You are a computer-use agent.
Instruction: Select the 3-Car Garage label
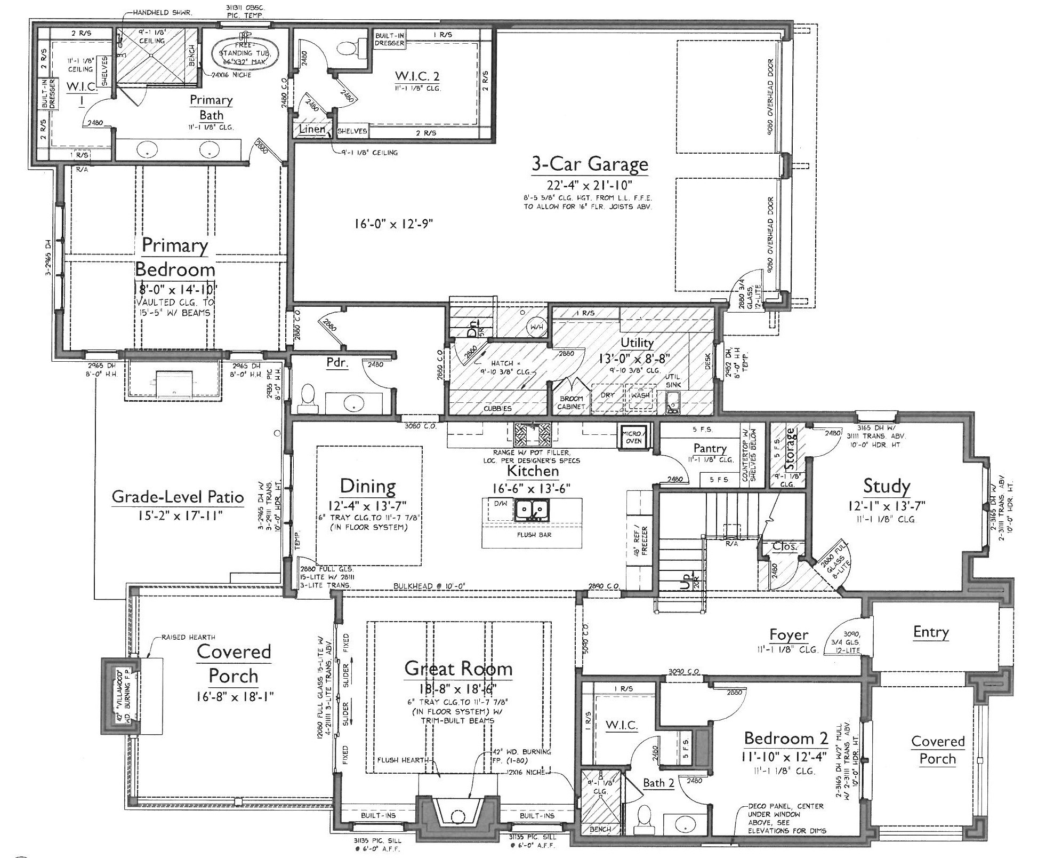click(x=590, y=164)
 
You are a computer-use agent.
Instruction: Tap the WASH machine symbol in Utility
click(x=640, y=396)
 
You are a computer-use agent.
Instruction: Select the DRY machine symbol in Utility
click(x=607, y=396)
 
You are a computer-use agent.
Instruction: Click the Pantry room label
click(x=710, y=448)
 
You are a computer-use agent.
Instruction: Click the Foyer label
click(x=788, y=635)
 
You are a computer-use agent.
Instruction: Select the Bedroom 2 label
click(x=786, y=738)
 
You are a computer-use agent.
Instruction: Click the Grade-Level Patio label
click(x=178, y=497)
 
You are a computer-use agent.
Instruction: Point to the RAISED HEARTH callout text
click(x=189, y=637)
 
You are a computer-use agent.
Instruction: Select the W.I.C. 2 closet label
click(x=417, y=76)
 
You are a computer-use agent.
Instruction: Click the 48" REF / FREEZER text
click(x=640, y=541)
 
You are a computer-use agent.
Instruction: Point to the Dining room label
click(x=368, y=486)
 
